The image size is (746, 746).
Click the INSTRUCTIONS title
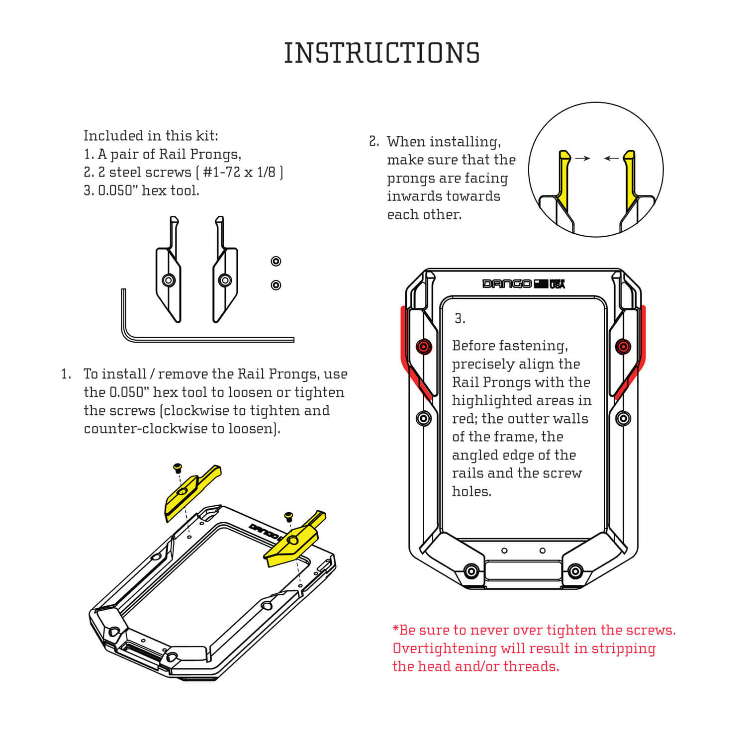tap(381, 53)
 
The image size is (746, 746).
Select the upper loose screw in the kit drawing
tap(276, 261)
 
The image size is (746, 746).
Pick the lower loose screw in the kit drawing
tap(276, 285)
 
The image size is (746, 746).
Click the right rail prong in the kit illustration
tap(225, 279)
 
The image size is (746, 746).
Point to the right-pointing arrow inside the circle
tap(582, 158)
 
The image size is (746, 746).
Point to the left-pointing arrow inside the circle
tap(611, 158)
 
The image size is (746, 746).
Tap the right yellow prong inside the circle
tap(629, 179)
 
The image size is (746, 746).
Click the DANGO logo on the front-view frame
tap(507, 283)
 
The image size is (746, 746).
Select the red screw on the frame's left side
tap(424, 346)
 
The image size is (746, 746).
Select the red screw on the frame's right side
tap(623, 346)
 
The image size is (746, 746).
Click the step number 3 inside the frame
tap(460, 319)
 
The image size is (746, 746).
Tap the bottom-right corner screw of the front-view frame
tap(575, 571)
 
